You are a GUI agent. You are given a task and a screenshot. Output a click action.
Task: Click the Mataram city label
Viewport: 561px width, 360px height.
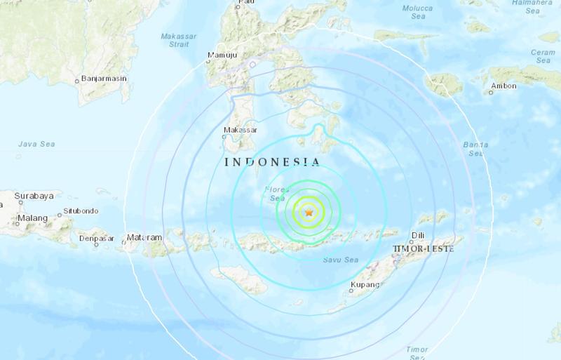[x=146, y=237]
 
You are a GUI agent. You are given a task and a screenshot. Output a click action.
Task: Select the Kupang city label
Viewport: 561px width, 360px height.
[x=365, y=285]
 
